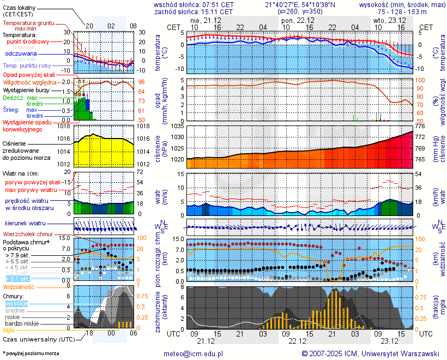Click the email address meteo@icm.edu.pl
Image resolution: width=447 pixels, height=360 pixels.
click(x=194, y=353)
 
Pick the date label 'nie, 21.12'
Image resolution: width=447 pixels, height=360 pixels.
click(x=204, y=20)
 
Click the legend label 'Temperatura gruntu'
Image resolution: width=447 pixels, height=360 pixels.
click(x=28, y=23)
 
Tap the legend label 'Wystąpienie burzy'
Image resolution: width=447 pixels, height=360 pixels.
click(x=26, y=89)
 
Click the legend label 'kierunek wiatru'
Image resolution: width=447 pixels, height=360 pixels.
click(x=25, y=224)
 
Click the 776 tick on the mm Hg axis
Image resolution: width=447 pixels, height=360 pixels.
click(x=420, y=126)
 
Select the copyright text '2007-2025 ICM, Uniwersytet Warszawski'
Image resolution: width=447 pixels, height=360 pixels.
click(x=371, y=353)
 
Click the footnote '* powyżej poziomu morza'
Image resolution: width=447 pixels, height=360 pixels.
click(x=31, y=353)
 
